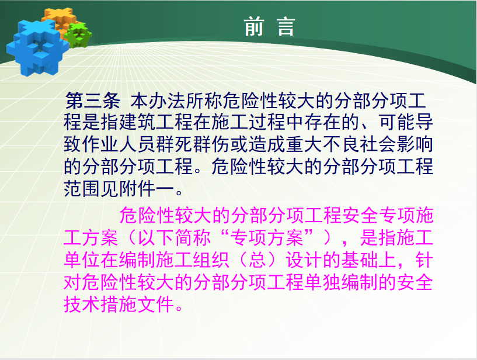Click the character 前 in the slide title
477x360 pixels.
[x=254, y=27]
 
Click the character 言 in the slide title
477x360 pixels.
[x=286, y=27]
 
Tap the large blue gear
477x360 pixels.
[x=37, y=48]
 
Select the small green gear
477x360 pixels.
[x=79, y=35]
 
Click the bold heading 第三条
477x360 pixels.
[x=93, y=101]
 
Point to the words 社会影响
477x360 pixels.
[x=396, y=144]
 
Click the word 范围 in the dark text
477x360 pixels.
[x=82, y=189]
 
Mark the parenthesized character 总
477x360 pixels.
[x=257, y=260]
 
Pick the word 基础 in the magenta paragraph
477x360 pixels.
[x=359, y=260]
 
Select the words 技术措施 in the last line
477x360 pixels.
[x=100, y=304]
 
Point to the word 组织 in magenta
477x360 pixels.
[x=211, y=260]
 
